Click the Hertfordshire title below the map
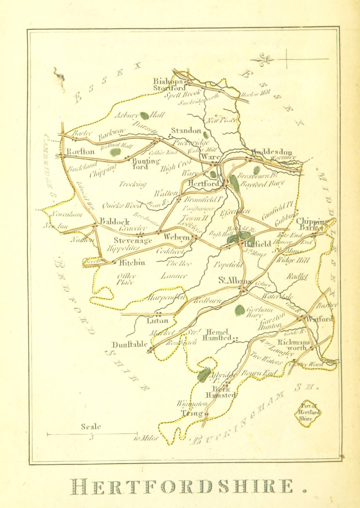click(189, 487)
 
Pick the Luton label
click(157, 320)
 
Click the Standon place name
click(186, 131)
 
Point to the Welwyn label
click(176, 237)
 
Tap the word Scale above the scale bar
click(91, 427)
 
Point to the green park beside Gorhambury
click(239, 309)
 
